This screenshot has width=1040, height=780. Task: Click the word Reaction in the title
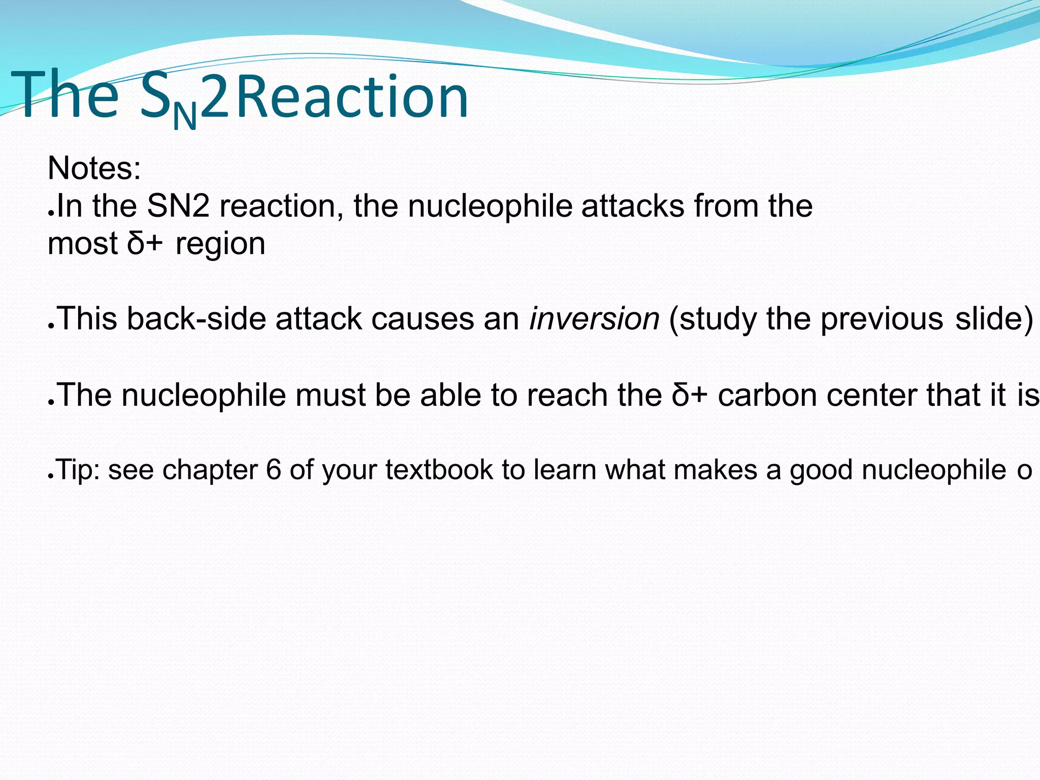coord(352,96)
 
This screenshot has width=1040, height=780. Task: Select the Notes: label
coord(94,168)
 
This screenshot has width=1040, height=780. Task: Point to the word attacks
coord(633,206)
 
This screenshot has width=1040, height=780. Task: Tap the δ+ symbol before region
coord(145,243)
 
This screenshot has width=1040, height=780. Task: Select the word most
coord(82,244)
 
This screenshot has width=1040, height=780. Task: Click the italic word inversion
coord(594,319)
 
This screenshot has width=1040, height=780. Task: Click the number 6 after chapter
coord(273,470)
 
